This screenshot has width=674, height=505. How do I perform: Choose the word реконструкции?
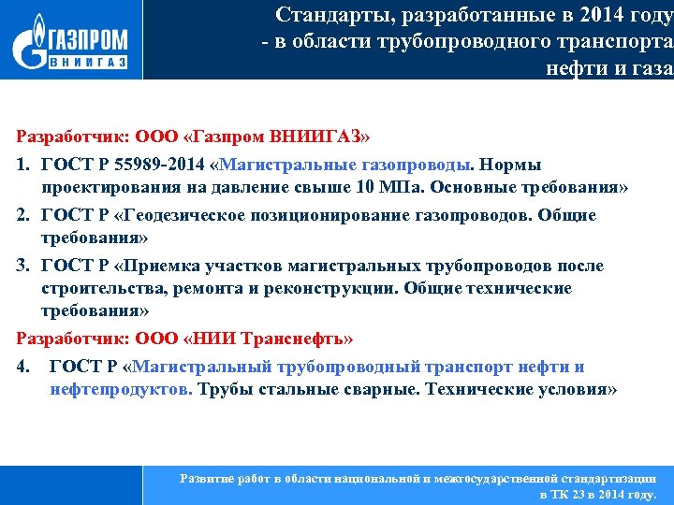tap(342, 288)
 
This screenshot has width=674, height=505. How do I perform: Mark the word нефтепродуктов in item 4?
tap(121, 389)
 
